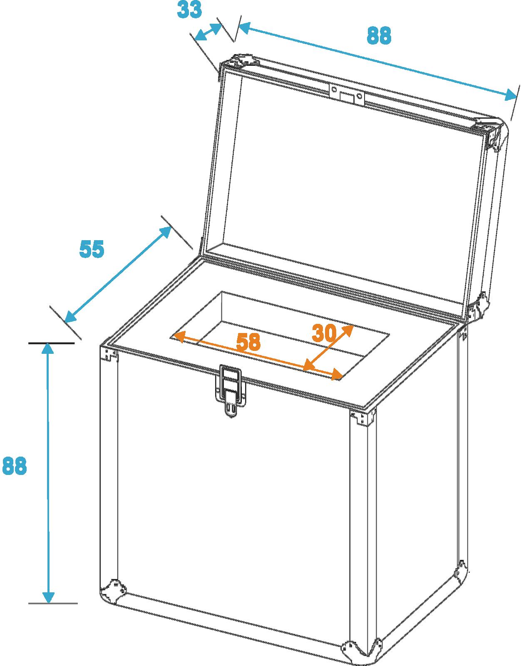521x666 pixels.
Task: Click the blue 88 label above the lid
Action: click(379, 35)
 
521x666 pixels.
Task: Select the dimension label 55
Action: click(92, 249)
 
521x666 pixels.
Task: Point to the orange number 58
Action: click(248, 342)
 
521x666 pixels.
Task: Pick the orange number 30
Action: click(324, 333)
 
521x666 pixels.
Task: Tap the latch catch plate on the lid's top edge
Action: click(347, 95)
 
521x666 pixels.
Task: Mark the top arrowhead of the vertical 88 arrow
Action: click(47, 349)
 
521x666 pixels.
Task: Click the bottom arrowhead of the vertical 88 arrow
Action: click(49, 596)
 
